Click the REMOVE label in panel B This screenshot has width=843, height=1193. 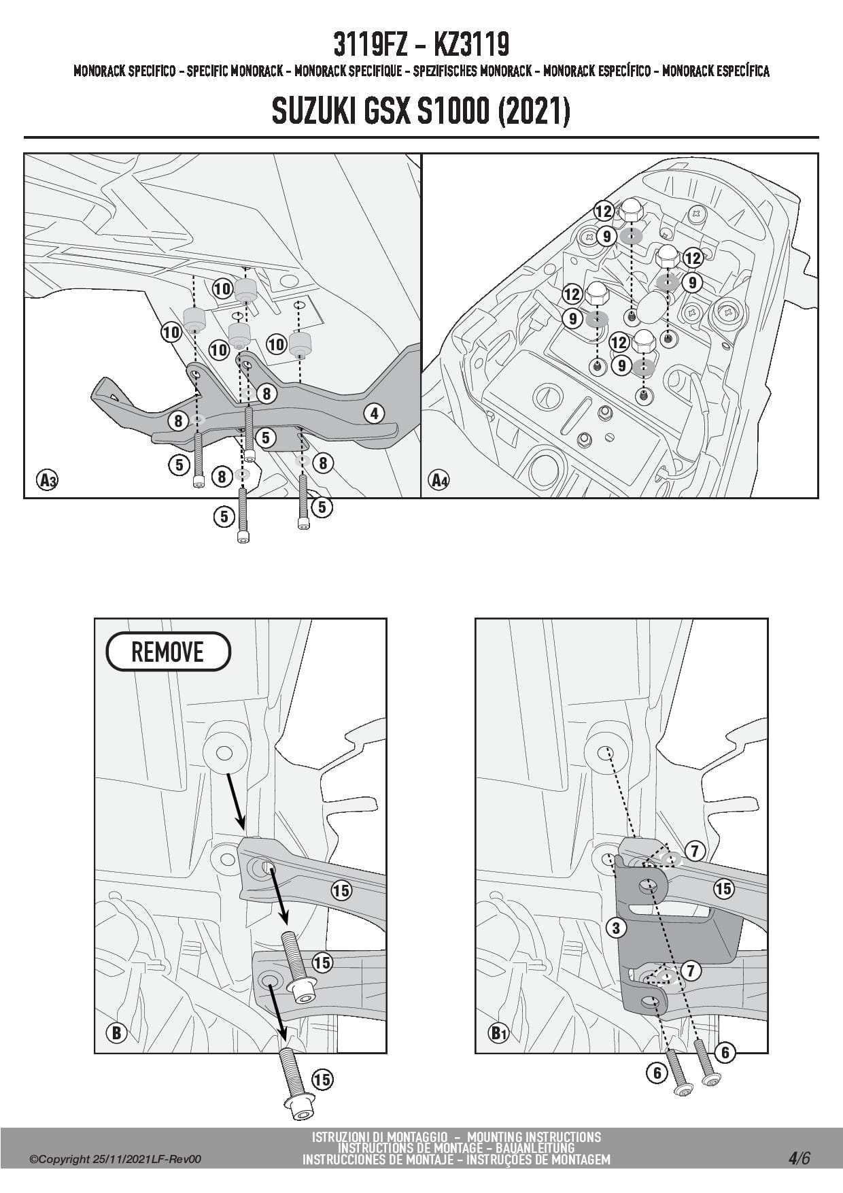[x=168, y=652]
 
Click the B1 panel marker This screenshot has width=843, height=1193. [x=499, y=1033]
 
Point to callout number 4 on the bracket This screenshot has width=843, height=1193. [x=374, y=413]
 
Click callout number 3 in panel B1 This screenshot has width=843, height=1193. [x=616, y=927]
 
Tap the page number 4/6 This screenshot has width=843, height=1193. [x=799, y=1158]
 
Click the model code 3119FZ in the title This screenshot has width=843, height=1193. [x=370, y=45]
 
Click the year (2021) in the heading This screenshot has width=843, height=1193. [x=534, y=112]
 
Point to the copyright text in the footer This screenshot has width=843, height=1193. [x=116, y=1160]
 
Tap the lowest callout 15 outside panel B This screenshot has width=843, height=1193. [x=322, y=1079]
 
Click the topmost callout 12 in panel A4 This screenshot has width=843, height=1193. [x=604, y=212]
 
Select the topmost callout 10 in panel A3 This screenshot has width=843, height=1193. [x=222, y=288]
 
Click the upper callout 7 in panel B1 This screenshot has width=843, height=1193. [x=694, y=850]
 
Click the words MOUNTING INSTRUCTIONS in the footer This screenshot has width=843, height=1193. [x=534, y=1137]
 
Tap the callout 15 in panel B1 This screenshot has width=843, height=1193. [x=723, y=888]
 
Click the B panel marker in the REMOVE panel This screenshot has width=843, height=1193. [x=116, y=1033]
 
